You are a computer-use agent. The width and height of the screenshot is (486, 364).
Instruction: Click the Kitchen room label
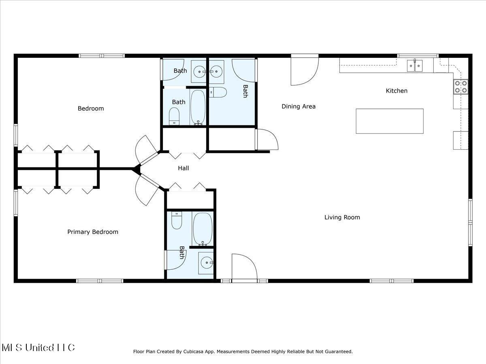(x=396, y=91)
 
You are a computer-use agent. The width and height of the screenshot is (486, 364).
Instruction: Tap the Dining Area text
(x=298, y=107)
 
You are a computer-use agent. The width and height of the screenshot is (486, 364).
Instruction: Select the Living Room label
(x=342, y=218)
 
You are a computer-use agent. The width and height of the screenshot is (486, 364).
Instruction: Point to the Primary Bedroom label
(x=93, y=232)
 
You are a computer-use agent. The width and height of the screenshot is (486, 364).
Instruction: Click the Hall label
(x=183, y=168)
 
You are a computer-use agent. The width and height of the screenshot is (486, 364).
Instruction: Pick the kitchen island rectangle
(x=390, y=121)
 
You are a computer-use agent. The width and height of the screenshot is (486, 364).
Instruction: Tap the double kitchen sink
(x=415, y=65)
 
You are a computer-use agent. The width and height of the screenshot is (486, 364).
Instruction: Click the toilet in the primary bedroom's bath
(x=177, y=221)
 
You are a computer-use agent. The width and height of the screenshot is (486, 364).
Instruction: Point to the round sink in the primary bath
(x=206, y=263)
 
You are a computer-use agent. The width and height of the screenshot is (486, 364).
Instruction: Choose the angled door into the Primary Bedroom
(x=148, y=190)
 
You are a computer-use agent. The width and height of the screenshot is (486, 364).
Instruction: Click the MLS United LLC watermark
(x=38, y=347)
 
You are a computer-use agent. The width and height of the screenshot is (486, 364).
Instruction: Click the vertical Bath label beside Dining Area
(x=245, y=91)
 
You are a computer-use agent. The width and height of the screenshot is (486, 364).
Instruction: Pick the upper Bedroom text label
(x=91, y=108)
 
